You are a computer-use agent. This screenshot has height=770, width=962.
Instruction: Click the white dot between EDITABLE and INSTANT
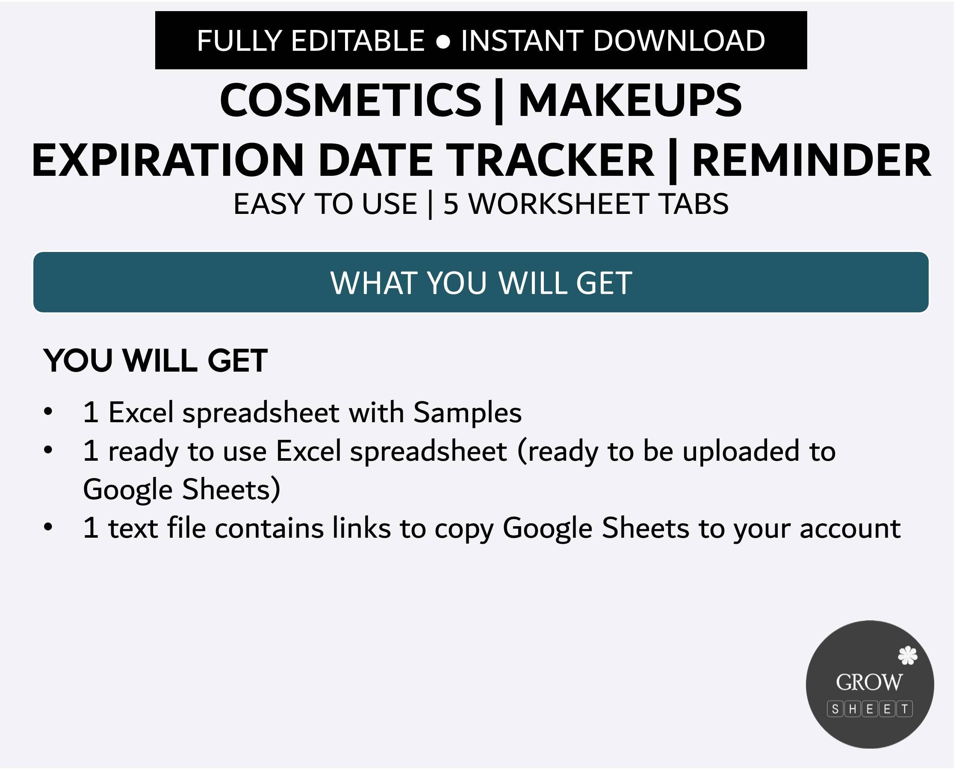(443, 41)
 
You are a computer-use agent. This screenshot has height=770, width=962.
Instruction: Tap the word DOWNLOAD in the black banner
(679, 41)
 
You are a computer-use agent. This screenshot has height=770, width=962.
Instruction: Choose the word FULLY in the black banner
(239, 41)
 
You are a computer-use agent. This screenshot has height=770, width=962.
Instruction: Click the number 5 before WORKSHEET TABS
(450, 204)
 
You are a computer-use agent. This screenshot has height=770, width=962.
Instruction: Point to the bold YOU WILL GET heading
(155, 361)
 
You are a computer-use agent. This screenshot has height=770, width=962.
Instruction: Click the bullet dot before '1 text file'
(48, 527)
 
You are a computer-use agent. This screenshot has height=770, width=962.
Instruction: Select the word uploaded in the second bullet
(741, 451)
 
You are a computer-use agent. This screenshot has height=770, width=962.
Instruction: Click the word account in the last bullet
(850, 528)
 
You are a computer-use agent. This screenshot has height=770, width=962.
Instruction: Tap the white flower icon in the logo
(907, 655)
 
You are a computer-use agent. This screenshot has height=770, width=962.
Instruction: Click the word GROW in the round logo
(869, 682)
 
